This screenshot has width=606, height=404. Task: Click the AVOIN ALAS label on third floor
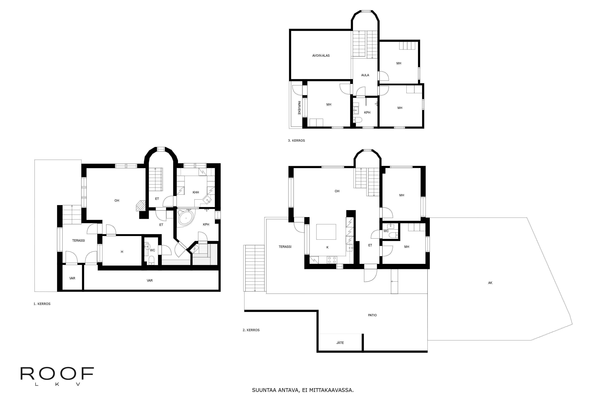(321, 56)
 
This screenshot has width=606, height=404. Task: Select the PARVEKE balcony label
(299, 108)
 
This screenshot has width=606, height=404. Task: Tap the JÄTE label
(340, 343)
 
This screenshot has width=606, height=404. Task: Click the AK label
(490, 283)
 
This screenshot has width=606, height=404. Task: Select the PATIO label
(372, 315)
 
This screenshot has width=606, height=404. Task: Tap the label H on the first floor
(122, 252)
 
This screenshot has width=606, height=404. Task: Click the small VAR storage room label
(72, 278)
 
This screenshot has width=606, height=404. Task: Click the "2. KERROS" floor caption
(251, 330)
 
